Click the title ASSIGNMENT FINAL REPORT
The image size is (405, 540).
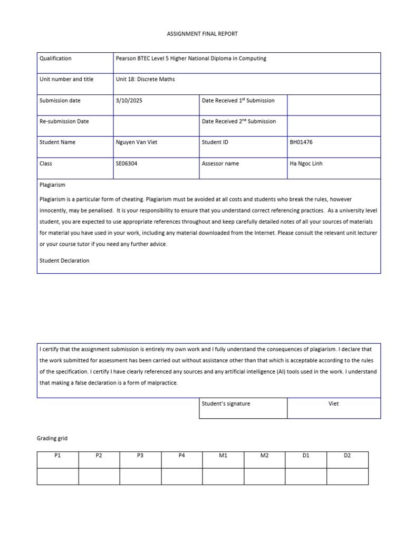coord(202,34)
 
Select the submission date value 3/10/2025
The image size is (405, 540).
coord(129,100)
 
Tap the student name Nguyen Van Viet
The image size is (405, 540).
coord(136,142)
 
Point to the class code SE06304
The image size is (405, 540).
coord(127,163)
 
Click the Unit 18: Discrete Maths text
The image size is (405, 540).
coord(145,79)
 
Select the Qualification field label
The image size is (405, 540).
coord(55,59)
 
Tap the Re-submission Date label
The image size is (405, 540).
coord(64,121)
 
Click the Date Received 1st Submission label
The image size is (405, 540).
coord(238,100)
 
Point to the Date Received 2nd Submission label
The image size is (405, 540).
coord(238,121)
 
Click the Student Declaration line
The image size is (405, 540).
coord(64,261)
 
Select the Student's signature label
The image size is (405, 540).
coord(226,404)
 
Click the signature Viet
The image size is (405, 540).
coord(333,404)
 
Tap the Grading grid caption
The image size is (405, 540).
coord(52,438)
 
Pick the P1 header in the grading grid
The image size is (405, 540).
coord(57,456)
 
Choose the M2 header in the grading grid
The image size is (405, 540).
coord(264,456)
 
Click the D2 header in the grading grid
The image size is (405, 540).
coord(347,456)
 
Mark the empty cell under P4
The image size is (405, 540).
coord(181,476)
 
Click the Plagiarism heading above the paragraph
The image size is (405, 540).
coord(52,185)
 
